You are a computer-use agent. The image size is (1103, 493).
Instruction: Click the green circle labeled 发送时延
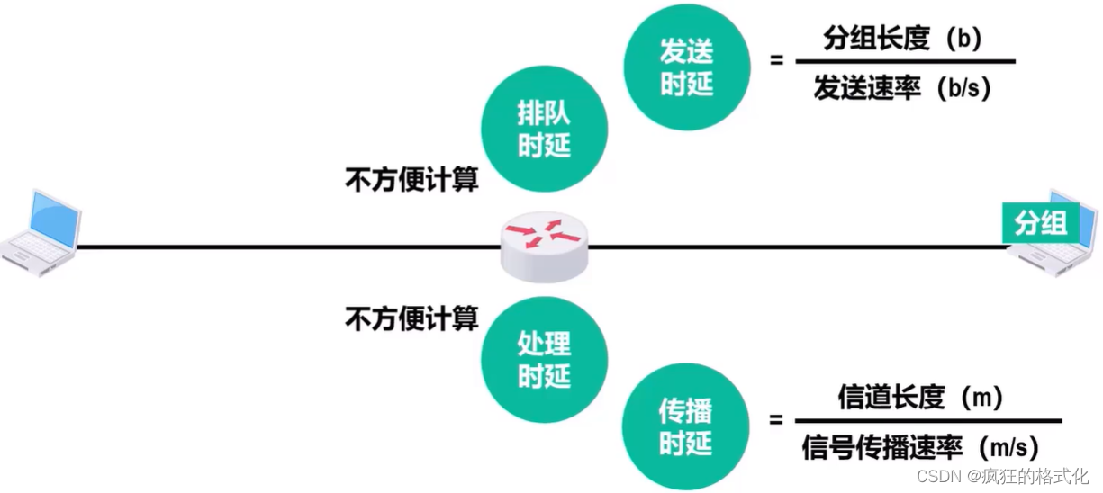click(x=687, y=67)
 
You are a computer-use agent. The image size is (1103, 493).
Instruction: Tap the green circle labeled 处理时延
click(x=544, y=359)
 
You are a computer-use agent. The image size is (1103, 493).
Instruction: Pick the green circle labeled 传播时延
click(x=686, y=427)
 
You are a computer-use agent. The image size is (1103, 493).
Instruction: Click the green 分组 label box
click(x=1040, y=223)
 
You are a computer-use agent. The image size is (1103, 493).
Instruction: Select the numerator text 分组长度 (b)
click(x=901, y=39)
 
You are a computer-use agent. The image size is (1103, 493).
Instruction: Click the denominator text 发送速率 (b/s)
click(x=901, y=87)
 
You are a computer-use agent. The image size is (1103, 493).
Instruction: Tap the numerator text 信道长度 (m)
click(x=919, y=397)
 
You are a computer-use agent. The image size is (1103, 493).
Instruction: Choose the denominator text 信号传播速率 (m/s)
click(x=919, y=447)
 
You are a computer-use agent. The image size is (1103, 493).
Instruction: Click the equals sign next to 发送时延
click(x=775, y=61)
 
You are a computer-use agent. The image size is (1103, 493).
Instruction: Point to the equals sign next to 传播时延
click(x=775, y=419)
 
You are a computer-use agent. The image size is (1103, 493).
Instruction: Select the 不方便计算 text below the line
click(x=411, y=318)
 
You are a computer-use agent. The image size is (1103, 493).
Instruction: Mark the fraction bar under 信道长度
click(x=927, y=421)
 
